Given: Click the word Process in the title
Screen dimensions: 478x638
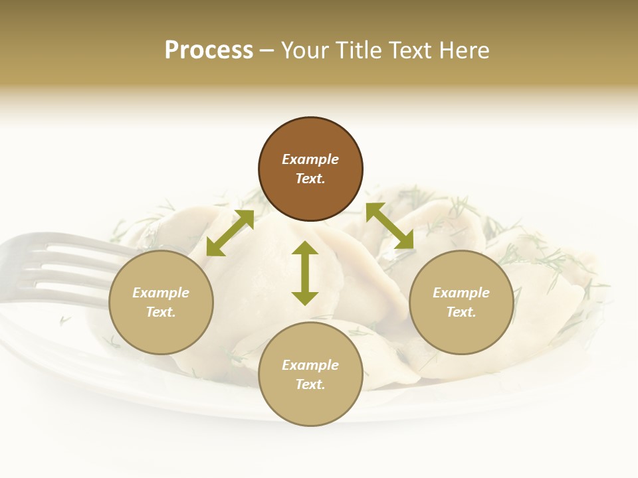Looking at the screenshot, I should pyautogui.click(x=209, y=50).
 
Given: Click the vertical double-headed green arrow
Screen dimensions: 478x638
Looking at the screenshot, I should pyautogui.click(x=305, y=273).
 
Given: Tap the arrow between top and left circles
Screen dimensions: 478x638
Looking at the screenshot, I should pyautogui.click(x=230, y=232).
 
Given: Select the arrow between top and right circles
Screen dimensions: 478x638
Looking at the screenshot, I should pyautogui.click(x=389, y=226).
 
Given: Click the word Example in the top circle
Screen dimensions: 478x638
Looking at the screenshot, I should pyautogui.click(x=310, y=159).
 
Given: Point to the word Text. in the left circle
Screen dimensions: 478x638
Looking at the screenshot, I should pyautogui.click(x=161, y=312).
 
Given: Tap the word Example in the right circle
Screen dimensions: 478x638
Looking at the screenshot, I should pyautogui.click(x=461, y=293).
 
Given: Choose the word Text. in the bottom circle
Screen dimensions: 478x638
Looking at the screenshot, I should pyautogui.click(x=310, y=384).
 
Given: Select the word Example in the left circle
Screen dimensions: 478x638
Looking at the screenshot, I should pyautogui.click(x=161, y=293).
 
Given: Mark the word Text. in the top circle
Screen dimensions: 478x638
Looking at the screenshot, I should pyautogui.click(x=310, y=179).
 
